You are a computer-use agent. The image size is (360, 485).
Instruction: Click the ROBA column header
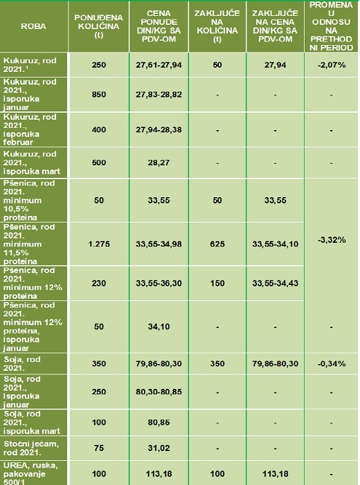tap(33, 26)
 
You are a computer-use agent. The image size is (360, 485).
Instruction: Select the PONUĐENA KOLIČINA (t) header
tap(98, 26)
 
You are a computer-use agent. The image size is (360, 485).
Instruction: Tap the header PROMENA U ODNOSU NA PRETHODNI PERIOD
tap(331, 26)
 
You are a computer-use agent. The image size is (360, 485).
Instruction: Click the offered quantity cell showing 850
tap(99, 94)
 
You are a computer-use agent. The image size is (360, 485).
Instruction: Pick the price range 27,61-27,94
tap(159, 65)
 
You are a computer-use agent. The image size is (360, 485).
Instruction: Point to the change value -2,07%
tap(331, 65)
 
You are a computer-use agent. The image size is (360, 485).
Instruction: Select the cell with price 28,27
tap(159, 163)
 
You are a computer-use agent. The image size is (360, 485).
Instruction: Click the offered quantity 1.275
tap(99, 244)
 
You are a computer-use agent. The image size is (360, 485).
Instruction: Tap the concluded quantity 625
tap(217, 244)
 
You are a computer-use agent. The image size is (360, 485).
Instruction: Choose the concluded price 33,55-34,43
tap(275, 284)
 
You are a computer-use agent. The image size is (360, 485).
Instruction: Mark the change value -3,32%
tap(331, 240)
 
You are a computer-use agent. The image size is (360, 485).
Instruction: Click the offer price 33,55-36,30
tap(159, 284)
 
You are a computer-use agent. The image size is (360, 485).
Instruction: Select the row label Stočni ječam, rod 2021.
tap(31, 448)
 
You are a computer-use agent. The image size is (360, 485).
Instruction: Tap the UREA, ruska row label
tap(30, 474)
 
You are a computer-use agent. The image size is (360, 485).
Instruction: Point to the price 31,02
tap(159, 448)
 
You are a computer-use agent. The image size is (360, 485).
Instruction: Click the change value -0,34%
tap(331, 364)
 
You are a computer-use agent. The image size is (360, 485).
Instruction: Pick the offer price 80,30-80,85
tap(159, 392)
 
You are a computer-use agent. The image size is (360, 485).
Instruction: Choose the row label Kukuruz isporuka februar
tap(30, 129)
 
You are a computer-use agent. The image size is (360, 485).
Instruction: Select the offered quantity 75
tap(99, 448)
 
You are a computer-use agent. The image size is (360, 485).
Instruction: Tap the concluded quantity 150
tap(217, 284)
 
